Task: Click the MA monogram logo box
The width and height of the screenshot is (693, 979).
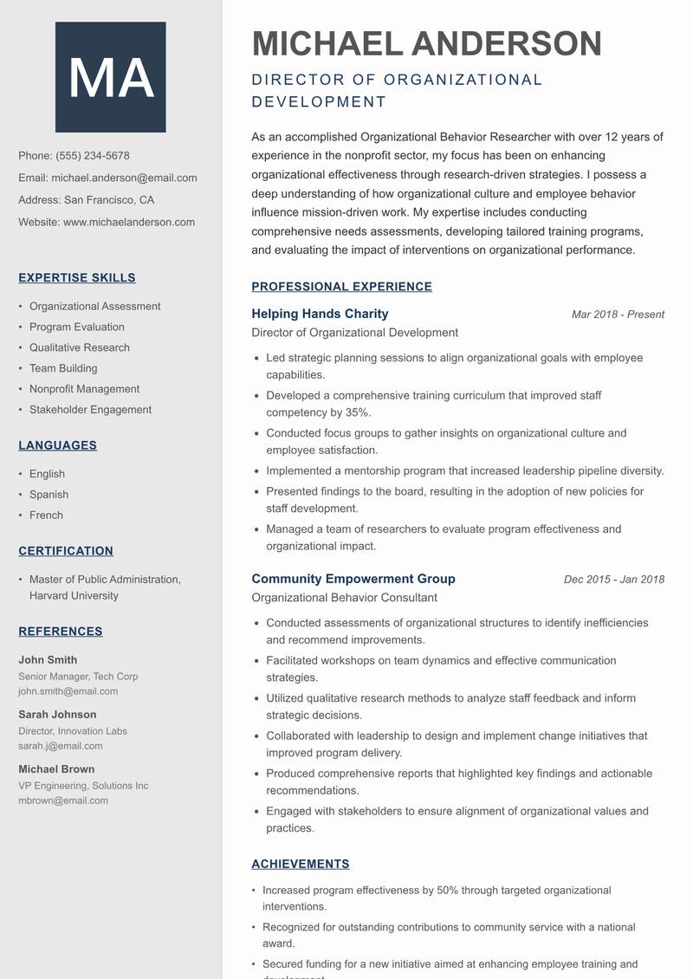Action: [x=110, y=77]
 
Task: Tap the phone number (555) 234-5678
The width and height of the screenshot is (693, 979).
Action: [x=93, y=156]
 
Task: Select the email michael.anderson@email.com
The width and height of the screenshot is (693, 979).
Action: [x=124, y=178]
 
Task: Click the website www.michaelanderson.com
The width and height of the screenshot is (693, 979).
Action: [x=129, y=222]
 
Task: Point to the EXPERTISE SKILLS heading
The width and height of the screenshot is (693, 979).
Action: [x=77, y=278]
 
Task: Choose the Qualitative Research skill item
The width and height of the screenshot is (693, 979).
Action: [x=80, y=347]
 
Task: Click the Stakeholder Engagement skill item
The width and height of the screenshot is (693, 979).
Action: [x=90, y=410]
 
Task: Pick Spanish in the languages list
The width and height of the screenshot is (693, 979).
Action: [x=49, y=495]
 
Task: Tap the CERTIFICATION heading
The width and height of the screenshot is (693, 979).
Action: [x=66, y=551]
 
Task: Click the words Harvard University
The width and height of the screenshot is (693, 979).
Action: [x=74, y=596]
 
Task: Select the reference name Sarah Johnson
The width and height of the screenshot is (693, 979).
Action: [x=57, y=715]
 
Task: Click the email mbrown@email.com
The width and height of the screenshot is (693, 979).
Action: [x=63, y=801]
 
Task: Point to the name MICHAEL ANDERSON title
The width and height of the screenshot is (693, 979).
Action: [x=426, y=43]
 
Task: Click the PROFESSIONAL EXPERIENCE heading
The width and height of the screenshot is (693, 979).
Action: [x=341, y=287]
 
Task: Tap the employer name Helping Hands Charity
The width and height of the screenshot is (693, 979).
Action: [x=320, y=314]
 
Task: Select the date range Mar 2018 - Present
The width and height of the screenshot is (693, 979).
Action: [x=618, y=314]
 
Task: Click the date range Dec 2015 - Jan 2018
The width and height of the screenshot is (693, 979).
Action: [x=613, y=580]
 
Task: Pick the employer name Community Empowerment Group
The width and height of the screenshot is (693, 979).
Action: [x=353, y=579]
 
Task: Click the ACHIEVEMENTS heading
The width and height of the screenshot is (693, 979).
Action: [x=300, y=864]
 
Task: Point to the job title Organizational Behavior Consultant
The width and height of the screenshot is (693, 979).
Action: [x=344, y=598]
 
